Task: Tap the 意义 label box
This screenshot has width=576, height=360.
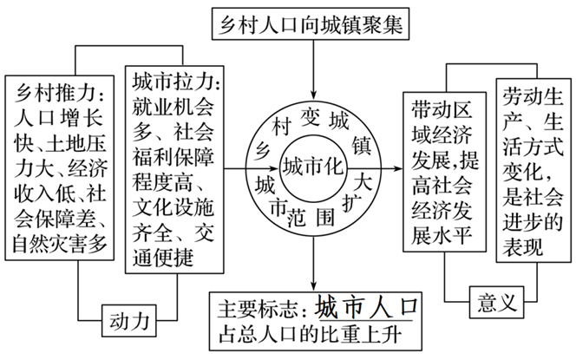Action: pos(497,303)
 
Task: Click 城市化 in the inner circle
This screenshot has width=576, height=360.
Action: pos(313,165)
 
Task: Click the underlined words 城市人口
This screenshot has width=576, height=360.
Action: pos(367,307)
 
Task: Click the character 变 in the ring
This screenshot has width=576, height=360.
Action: pos(311,114)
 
